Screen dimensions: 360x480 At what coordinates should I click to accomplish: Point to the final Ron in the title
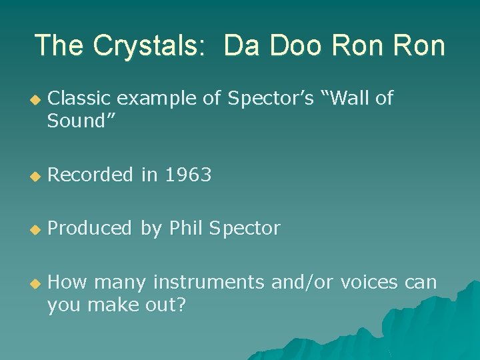[417, 46]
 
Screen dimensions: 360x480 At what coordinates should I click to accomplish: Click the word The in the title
[60, 46]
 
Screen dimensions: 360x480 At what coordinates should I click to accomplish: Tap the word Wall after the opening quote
[349, 99]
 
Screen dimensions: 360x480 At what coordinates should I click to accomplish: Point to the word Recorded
[91, 175]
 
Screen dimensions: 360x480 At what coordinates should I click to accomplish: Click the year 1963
[188, 175]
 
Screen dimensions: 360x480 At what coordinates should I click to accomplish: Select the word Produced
[90, 229]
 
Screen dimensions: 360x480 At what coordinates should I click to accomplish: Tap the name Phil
[187, 229]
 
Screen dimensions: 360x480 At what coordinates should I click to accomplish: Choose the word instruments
[209, 283]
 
